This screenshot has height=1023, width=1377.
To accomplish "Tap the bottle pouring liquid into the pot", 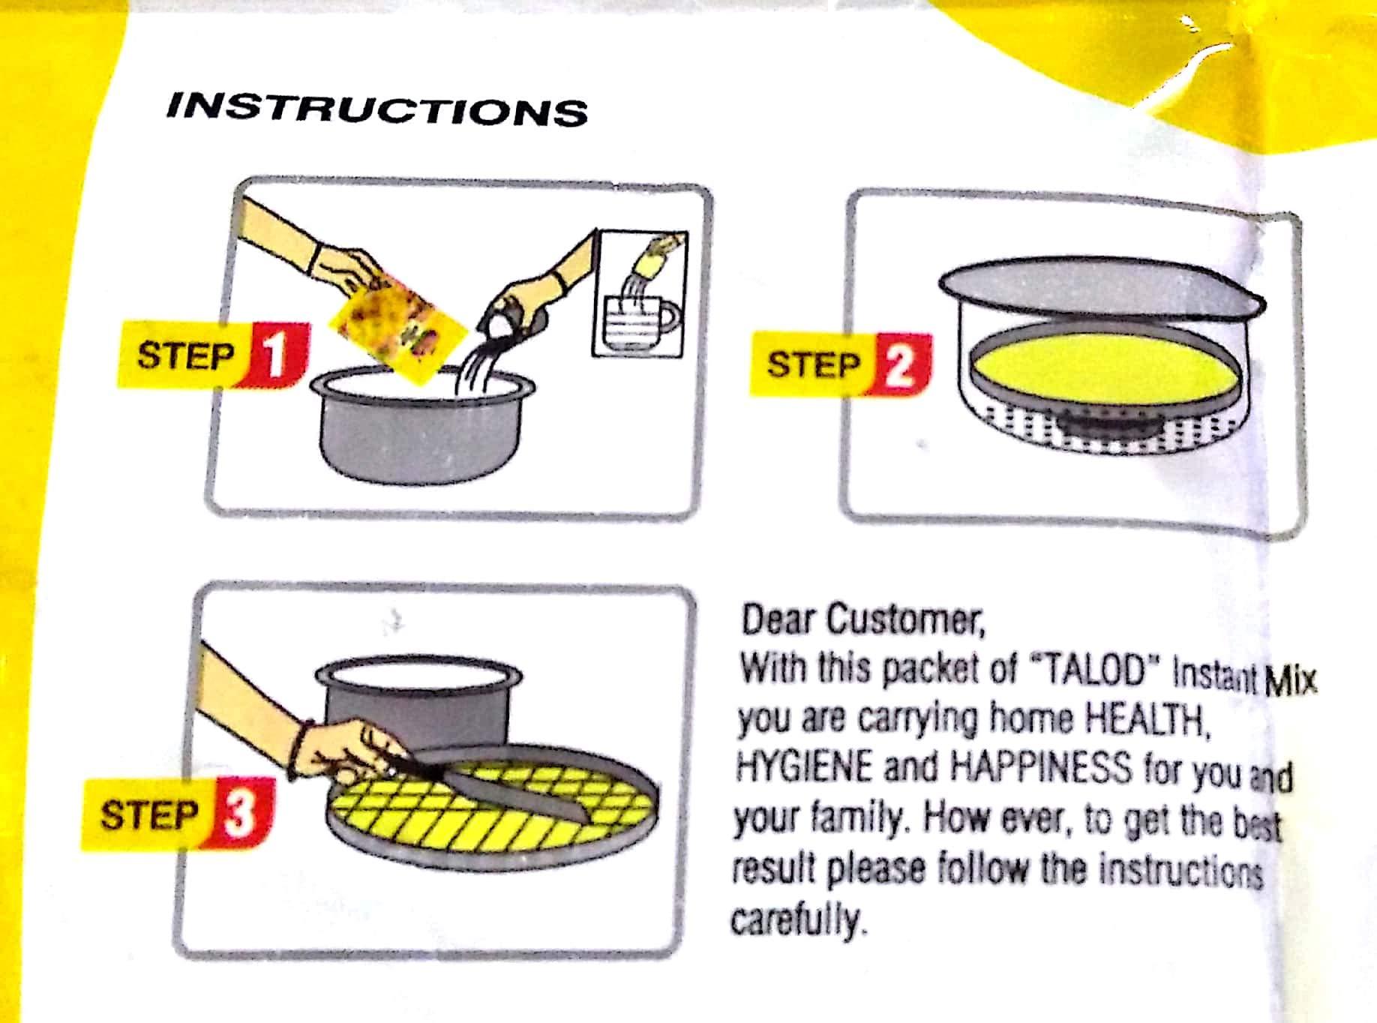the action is (517, 316).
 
